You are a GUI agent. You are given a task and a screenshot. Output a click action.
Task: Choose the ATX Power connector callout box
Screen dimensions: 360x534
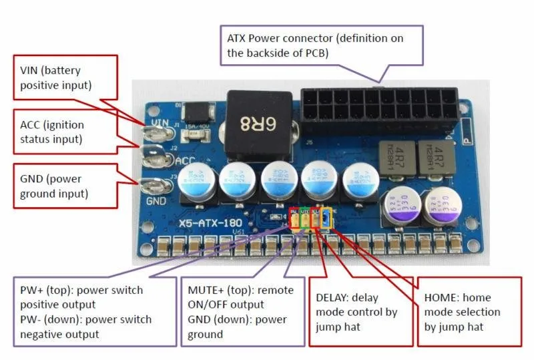[320, 45]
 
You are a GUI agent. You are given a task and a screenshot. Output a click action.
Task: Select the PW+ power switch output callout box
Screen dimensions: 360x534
[89, 312]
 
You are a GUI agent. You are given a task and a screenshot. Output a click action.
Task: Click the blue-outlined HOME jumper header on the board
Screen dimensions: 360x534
[326, 218]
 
